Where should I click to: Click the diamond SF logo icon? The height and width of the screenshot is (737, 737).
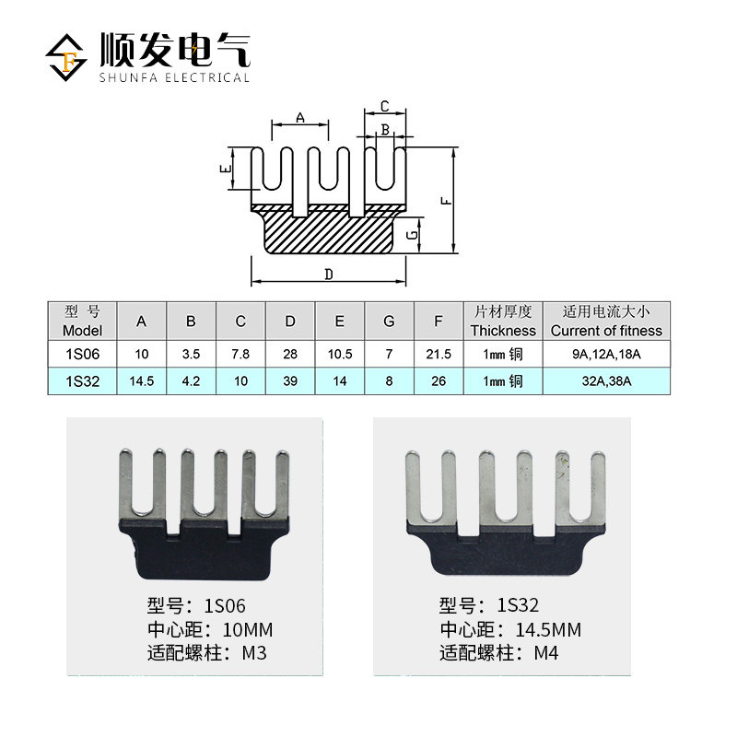[x=65, y=57]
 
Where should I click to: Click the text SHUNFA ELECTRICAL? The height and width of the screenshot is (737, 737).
[x=174, y=77]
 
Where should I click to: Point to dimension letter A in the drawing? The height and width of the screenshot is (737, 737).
[x=300, y=118]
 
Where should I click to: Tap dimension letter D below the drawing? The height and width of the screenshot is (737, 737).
[x=329, y=274]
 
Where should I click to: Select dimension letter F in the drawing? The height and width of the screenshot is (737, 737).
[x=446, y=201]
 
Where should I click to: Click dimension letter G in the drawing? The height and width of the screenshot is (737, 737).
[x=412, y=235]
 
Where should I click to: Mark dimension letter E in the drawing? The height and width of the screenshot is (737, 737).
[x=226, y=169]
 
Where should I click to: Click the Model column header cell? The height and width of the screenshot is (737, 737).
[x=82, y=321]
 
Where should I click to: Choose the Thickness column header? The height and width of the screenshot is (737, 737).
[x=503, y=321]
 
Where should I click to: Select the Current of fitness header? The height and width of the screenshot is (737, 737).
[x=606, y=321]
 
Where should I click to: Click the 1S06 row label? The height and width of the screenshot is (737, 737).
[x=82, y=354]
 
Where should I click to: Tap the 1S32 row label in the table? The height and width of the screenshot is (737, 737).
[x=82, y=381]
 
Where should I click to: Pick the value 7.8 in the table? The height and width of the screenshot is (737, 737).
[x=240, y=354]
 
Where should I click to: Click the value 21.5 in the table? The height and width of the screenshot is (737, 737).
[x=439, y=354]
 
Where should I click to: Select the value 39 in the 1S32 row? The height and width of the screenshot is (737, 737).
[x=290, y=381]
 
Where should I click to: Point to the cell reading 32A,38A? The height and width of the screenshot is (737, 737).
[x=606, y=381]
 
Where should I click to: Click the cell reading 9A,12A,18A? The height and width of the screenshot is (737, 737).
[x=606, y=354]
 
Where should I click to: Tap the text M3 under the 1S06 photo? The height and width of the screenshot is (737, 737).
[x=254, y=653]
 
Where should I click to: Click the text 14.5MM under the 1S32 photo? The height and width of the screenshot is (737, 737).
[x=548, y=630]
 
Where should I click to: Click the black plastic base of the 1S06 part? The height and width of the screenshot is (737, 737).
[x=203, y=552]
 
